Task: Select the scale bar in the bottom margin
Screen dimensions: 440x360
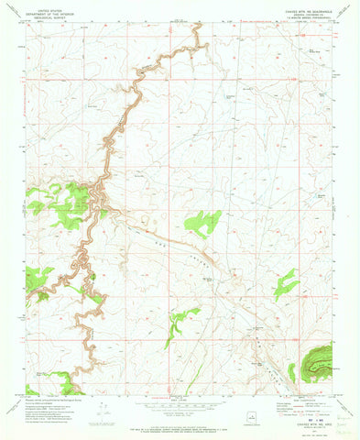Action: click(x=180, y=407)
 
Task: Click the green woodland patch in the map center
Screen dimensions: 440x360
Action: click(x=202, y=223)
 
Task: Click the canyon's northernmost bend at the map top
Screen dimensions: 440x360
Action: click(x=195, y=28)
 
